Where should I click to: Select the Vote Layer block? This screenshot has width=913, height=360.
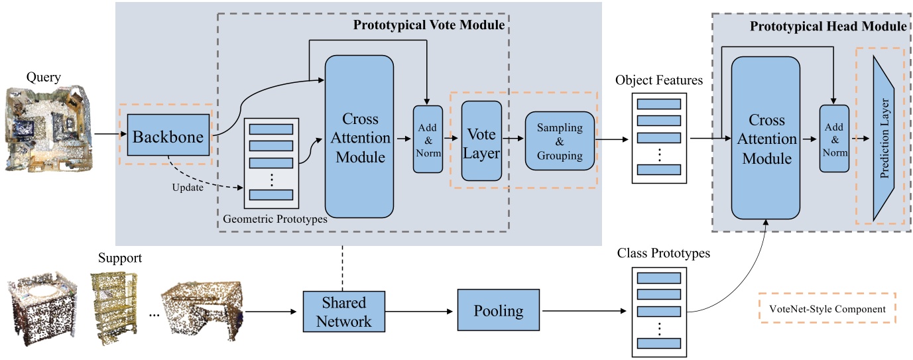pyautogui.click(x=481, y=141)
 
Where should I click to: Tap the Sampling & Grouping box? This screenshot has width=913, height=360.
pyautogui.click(x=560, y=141)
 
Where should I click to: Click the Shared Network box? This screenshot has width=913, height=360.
pyautogui.click(x=344, y=311)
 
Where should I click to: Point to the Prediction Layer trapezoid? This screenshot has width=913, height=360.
pyautogui.click(x=884, y=138)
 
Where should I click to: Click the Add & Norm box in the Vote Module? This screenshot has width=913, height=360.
pyautogui.click(x=428, y=139)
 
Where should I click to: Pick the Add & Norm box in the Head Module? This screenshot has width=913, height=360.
pyautogui.click(x=834, y=139)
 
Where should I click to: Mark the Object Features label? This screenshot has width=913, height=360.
pyautogui.click(x=658, y=80)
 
